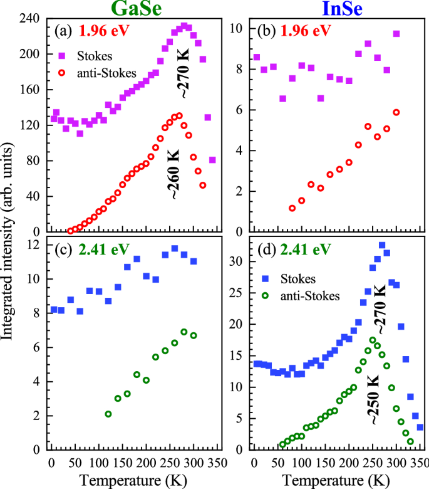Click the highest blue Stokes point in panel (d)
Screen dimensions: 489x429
click(382, 245)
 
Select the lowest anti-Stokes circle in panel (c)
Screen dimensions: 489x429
click(108, 414)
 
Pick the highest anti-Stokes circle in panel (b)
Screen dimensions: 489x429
click(396, 112)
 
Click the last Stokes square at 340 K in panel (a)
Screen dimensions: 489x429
click(212, 160)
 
